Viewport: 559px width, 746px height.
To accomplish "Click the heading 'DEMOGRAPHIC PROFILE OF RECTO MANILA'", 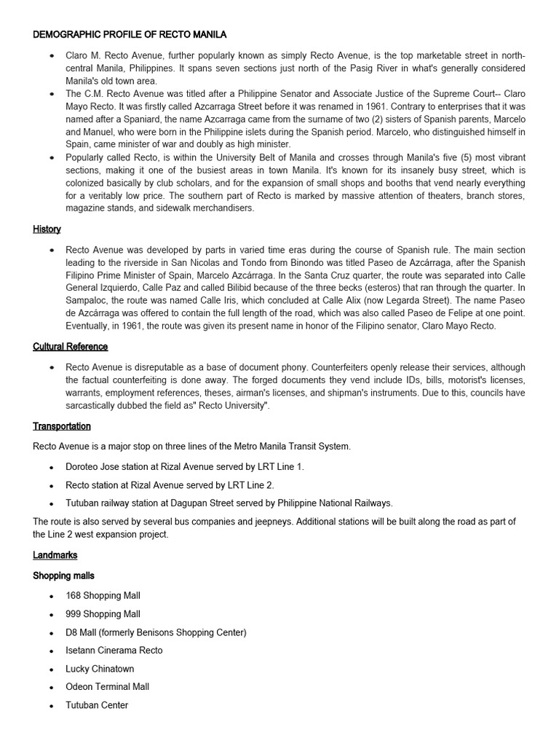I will pyautogui.click(x=130, y=34).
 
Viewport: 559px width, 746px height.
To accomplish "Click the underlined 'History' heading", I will pyautogui.click(x=47, y=229).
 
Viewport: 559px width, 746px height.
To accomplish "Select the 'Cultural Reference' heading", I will pyautogui.click(x=70, y=347).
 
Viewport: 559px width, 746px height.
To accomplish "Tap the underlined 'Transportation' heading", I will pyautogui.click(x=62, y=426).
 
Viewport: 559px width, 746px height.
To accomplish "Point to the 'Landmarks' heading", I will pyautogui.click(x=55, y=555).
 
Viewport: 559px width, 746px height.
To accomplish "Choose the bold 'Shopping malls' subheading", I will pyautogui.click(x=63, y=576).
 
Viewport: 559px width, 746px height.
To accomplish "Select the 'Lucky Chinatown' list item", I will pyautogui.click(x=100, y=669).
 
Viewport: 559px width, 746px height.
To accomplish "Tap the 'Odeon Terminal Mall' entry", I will pyautogui.click(x=107, y=686).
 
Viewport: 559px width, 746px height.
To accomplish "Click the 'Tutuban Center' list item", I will pyautogui.click(x=97, y=705).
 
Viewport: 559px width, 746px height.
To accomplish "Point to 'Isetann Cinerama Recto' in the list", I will pyautogui.click(x=114, y=651).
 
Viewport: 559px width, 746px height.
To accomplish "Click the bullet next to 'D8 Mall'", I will pyautogui.click(x=51, y=633).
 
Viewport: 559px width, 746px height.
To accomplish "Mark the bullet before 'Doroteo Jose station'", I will pyautogui.click(x=51, y=468).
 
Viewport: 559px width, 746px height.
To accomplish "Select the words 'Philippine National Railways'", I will pyautogui.click(x=330, y=503).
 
